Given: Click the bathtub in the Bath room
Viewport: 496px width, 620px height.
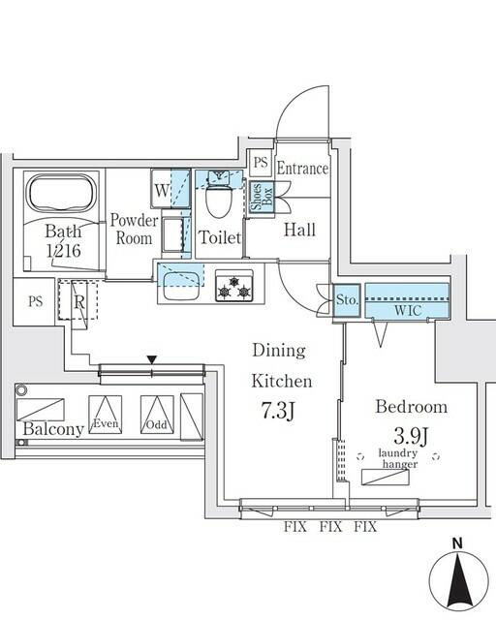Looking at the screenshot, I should tap(59, 195).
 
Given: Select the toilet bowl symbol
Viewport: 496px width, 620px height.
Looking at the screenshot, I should tap(218, 201).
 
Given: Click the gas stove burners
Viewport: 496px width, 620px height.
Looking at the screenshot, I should tap(234, 288).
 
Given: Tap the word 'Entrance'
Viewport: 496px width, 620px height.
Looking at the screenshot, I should tap(302, 169).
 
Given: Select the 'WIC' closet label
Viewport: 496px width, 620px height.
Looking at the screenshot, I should tap(406, 310).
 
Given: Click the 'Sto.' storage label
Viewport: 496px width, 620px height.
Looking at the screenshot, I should tap(348, 301).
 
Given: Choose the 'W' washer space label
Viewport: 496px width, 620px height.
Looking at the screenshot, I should tap(162, 189).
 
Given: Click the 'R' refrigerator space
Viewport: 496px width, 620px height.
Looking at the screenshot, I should tap(80, 300).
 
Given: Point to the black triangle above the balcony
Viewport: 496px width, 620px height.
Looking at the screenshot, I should tap(150, 359).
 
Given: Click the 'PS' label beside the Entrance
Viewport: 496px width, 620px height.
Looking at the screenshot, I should tap(260, 164).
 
